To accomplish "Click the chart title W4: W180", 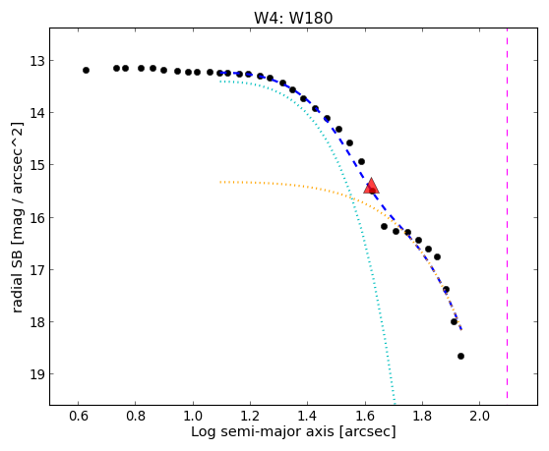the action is (293, 18).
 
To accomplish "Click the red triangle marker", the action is (371, 186).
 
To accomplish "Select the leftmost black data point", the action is (87, 71).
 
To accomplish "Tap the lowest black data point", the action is (460, 357).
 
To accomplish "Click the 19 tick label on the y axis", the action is (37, 374).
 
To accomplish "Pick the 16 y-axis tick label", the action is (37, 218).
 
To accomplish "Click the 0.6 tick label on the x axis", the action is (79, 416).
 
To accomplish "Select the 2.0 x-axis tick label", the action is (480, 416).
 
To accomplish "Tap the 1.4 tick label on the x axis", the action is (307, 416).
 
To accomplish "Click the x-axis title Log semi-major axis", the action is (263, 431).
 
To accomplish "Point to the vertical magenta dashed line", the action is (507, 213).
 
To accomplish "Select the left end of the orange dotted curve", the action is (220, 182).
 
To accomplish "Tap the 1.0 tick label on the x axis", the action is (193, 416).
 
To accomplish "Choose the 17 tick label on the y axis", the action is (37, 270).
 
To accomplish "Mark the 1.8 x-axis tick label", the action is (422, 416).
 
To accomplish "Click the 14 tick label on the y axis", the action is (37, 113).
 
